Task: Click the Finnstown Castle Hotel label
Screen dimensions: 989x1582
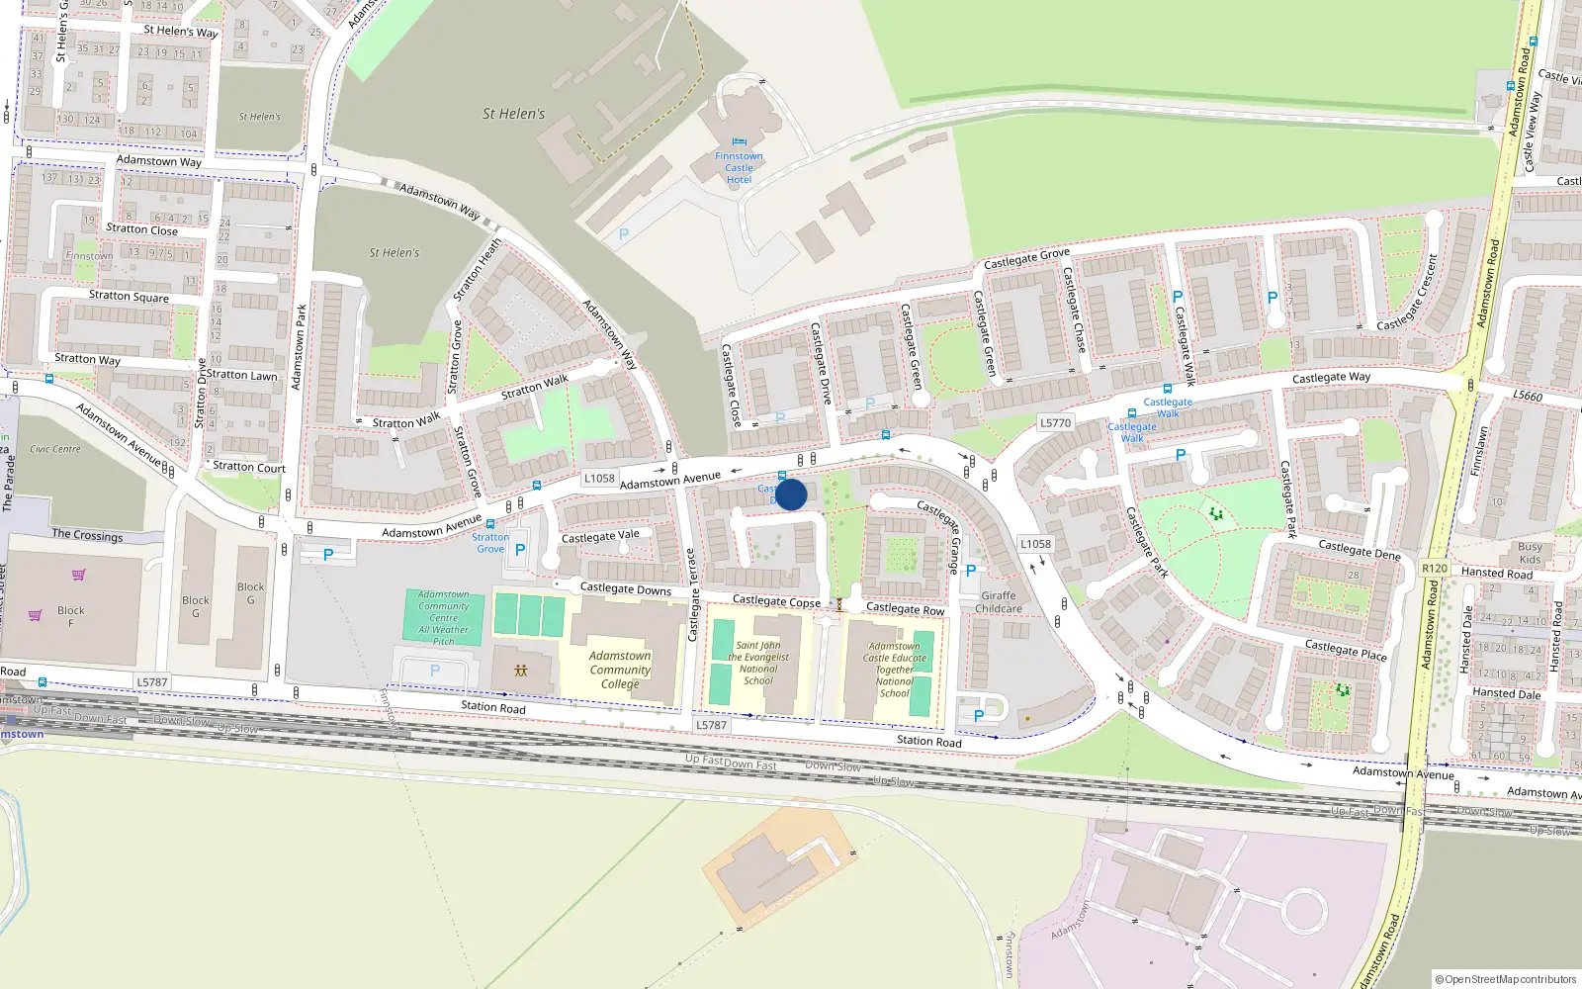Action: click(x=739, y=168)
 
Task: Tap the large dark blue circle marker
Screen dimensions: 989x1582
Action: click(x=791, y=494)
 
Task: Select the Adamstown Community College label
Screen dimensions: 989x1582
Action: click(x=620, y=670)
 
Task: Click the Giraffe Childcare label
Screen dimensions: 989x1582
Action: click(x=999, y=602)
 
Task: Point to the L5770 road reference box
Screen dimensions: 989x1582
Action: click(x=1055, y=422)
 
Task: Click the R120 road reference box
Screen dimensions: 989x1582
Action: click(x=1434, y=569)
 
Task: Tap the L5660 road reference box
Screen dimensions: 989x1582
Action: click(x=1527, y=396)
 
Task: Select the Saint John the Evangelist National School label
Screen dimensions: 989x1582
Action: click(x=758, y=663)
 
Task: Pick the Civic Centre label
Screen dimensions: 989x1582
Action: click(x=55, y=449)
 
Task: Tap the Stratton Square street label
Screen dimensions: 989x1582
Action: click(x=129, y=296)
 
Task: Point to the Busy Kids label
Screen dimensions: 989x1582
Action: click(x=1530, y=553)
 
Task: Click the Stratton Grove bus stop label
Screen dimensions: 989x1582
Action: click(x=490, y=543)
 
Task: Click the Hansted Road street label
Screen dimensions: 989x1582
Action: click(x=1496, y=573)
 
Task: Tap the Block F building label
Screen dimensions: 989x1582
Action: click(x=70, y=616)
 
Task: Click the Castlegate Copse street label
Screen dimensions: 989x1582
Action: click(x=775, y=600)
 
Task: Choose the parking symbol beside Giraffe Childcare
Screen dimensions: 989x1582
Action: click(x=971, y=571)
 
